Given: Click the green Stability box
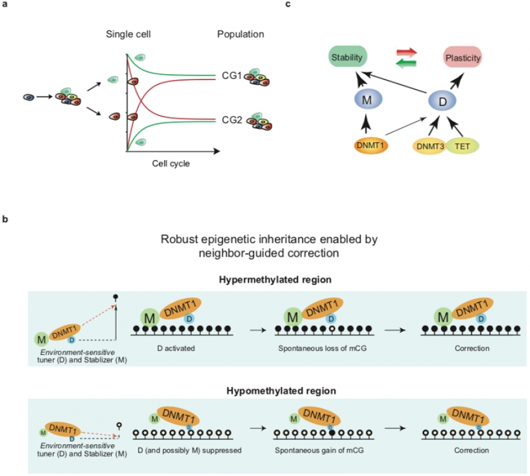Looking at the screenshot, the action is point(347,56).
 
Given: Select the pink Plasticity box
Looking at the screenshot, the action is point(462,57).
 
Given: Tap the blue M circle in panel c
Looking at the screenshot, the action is point(368,99).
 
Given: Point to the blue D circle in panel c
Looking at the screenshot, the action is point(442,101).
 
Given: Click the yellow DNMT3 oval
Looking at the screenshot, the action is point(430,147).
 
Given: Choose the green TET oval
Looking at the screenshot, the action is point(462,146).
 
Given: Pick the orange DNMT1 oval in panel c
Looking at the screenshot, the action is point(371,145).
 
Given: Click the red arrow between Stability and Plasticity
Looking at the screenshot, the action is point(406,52).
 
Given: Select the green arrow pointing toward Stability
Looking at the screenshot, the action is point(406,63).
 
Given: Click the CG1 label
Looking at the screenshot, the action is point(232,76).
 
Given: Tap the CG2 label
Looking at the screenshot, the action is point(232,120).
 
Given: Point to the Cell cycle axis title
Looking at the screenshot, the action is point(171,164).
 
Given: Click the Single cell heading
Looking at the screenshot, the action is point(128,34).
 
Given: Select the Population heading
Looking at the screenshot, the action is point(241,34).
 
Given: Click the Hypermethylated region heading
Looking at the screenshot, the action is point(275,279).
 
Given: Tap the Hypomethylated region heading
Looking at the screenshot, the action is point(281,391).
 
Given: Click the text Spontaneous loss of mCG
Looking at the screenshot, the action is point(323,348).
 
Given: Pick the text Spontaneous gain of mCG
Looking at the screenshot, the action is point(319,450).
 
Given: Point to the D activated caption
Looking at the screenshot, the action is point(176,348).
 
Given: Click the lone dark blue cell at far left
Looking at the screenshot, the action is point(29,97).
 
